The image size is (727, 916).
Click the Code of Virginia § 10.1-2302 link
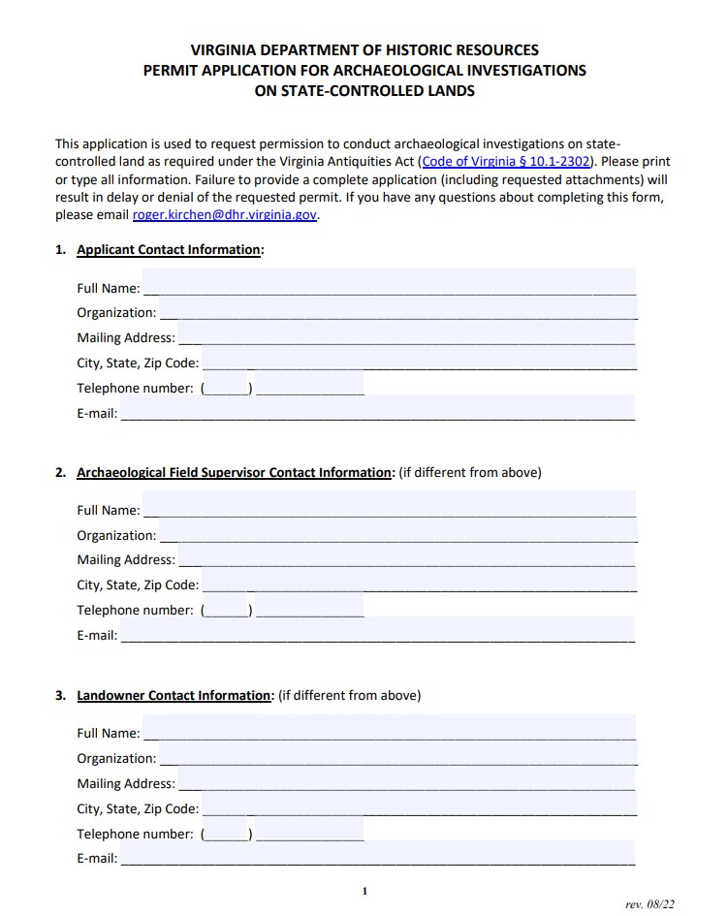coord(506,162)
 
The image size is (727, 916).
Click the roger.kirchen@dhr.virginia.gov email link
coord(225,215)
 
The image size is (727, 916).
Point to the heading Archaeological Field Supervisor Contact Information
coord(234,473)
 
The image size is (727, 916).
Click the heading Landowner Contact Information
coord(174,696)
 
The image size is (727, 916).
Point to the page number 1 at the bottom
coord(363,891)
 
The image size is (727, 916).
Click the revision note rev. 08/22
coord(649,903)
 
